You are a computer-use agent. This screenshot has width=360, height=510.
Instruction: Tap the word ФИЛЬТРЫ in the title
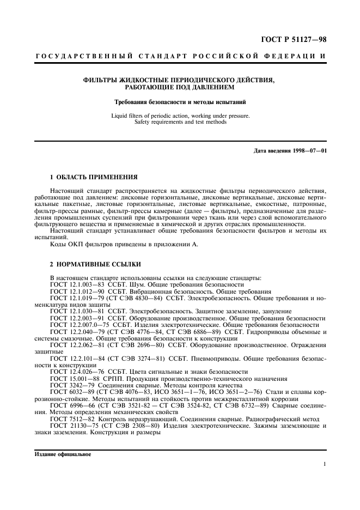100,80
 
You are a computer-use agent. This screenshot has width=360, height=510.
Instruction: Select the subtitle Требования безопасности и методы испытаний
179,101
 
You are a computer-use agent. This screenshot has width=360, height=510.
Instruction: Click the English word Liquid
119,116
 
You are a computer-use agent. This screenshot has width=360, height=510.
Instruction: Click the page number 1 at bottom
325,464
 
